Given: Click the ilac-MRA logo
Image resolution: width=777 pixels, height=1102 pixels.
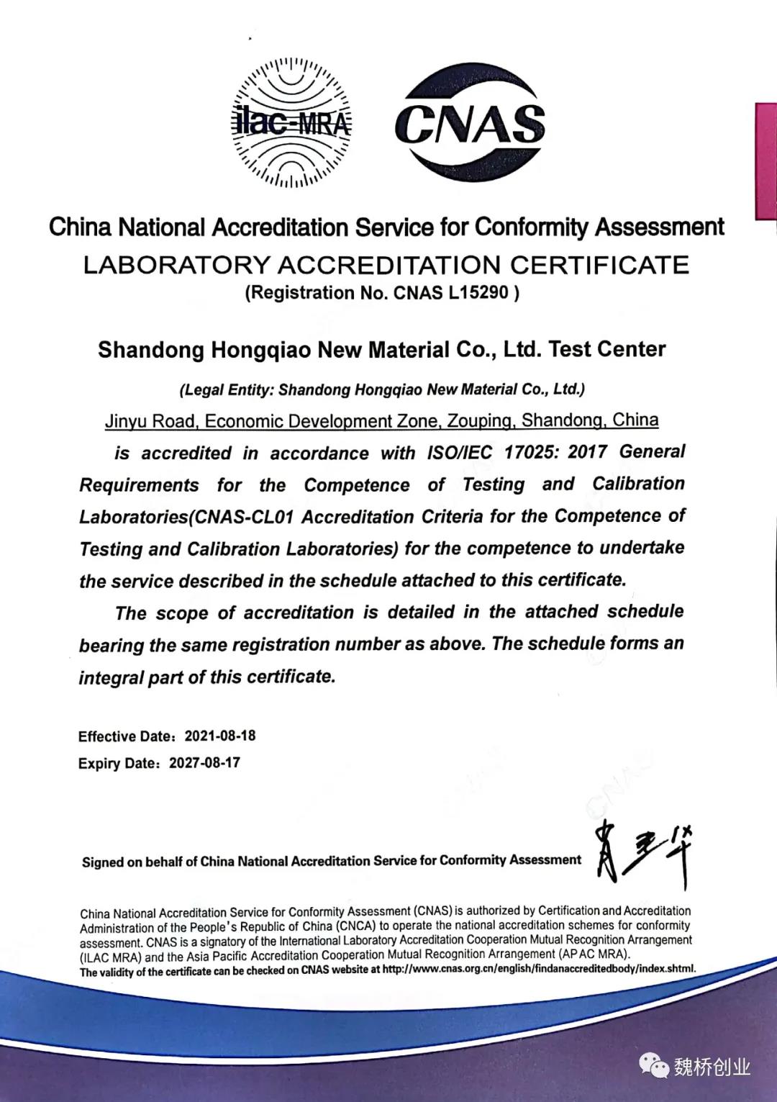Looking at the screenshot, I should pyautogui.click(x=291, y=122).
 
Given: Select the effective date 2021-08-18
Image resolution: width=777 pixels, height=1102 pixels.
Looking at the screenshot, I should pyautogui.click(x=220, y=736).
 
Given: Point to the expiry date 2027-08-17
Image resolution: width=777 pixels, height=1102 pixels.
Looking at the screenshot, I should pyautogui.click(x=204, y=762).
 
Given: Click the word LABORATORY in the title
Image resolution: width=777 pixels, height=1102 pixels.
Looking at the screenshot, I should pyautogui.click(x=176, y=265).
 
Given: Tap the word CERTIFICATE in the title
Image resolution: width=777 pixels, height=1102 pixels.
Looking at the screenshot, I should pyautogui.click(x=599, y=265).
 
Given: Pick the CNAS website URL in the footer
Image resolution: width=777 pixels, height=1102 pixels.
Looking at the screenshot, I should pyautogui.click(x=539, y=969).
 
